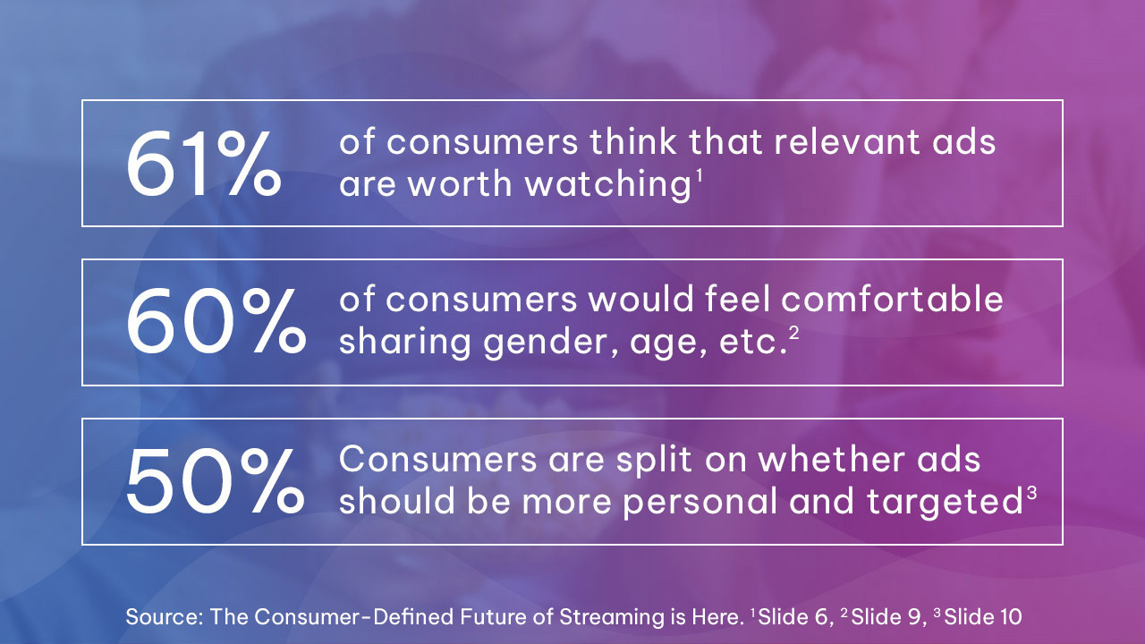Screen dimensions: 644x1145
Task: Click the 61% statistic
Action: click(x=203, y=165)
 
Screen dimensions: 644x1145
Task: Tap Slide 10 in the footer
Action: click(x=983, y=616)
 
